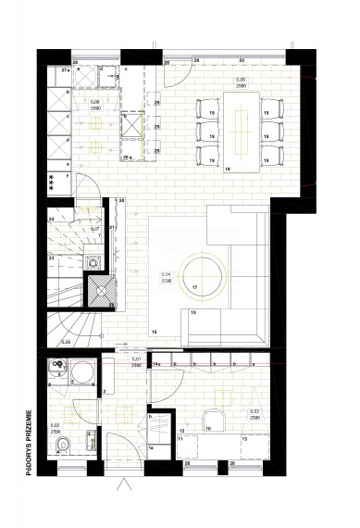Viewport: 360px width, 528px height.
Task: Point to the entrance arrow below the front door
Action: [127, 489]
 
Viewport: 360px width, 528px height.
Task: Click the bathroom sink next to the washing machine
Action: [56, 373]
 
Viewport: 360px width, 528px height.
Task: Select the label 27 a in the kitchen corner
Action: [65, 69]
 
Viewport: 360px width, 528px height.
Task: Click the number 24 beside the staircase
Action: [52, 219]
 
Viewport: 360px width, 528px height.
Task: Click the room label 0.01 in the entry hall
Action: [137, 360]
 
